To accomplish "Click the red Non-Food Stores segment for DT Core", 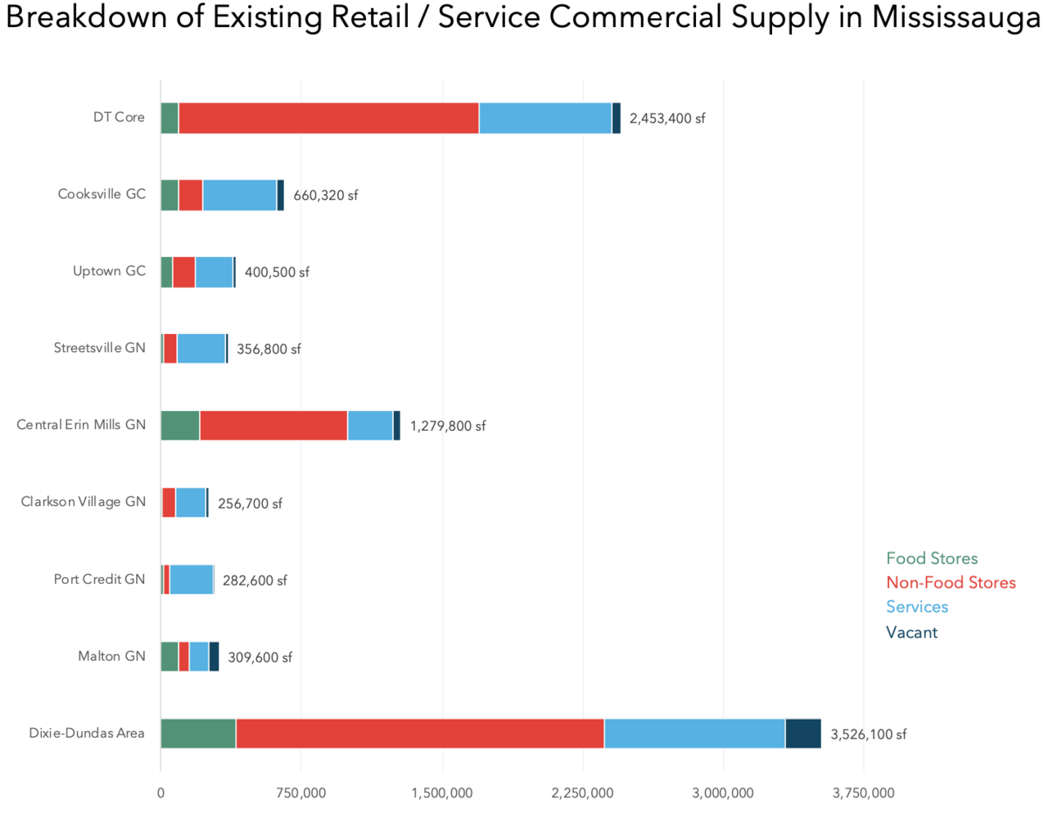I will point(328,118).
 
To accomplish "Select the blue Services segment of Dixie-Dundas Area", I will point(694,734).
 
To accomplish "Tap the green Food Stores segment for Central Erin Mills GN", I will point(180,426).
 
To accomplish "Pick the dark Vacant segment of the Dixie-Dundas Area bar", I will point(802,734).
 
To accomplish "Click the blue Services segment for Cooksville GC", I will point(239,195).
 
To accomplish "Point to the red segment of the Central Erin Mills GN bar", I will point(273,426).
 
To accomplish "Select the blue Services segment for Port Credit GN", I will point(192,580).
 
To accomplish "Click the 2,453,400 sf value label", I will point(666,119).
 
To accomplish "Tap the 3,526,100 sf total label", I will point(868,734).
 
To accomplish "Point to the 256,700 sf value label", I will point(250,504).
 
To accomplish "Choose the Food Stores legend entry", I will point(932,558).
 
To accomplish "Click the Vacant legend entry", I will point(911,632).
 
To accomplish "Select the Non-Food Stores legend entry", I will point(951,583).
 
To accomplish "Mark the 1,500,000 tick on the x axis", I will point(442,793).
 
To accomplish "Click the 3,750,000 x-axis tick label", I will point(863,793).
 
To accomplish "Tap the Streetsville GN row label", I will point(99,348).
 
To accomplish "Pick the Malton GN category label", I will point(111,656).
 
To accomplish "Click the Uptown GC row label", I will point(109,271).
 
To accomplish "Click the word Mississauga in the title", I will point(955,18).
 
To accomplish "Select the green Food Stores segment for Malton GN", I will point(169,657).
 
